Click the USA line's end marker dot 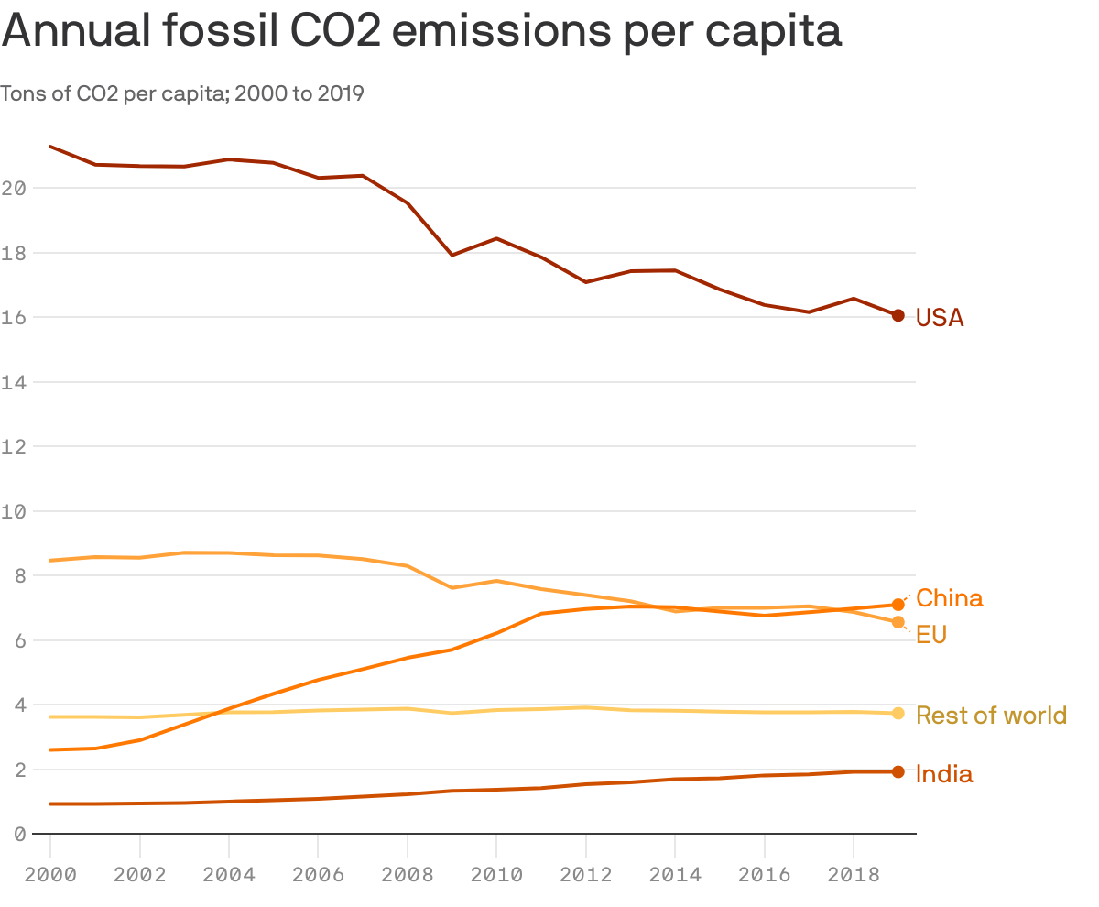click(x=898, y=315)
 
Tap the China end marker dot click(x=898, y=605)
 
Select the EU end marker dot click(x=898, y=622)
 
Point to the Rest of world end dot click(x=898, y=714)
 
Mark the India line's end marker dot click(x=898, y=772)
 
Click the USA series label click(x=940, y=318)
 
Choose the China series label click(x=949, y=598)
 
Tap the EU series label click(x=930, y=634)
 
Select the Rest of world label click(x=991, y=715)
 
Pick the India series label click(x=943, y=774)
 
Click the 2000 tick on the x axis click(x=50, y=875)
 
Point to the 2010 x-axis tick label click(x=496, y=875)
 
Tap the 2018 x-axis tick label click(x=854, y=875)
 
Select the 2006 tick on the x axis click(x=318, y=875)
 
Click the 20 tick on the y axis click(x=13, y=189)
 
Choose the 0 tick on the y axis click(x=13, y=835)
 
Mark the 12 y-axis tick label click(x=13, y=447)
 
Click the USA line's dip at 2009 click(x=452, y=255)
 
